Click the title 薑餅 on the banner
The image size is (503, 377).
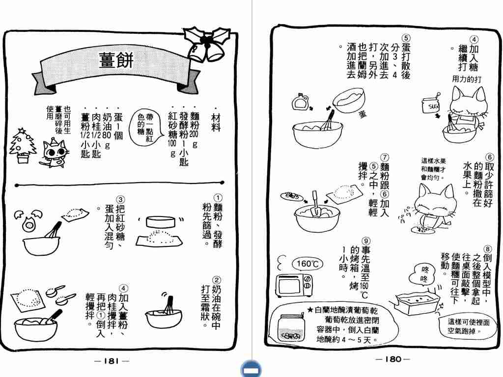115,60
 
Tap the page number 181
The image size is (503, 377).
112,361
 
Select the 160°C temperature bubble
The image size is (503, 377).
307,264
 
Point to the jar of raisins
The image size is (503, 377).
291,327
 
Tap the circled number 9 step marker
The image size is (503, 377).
365,241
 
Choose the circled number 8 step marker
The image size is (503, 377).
487,249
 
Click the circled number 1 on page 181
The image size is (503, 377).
218,198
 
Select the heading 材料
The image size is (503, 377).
216,122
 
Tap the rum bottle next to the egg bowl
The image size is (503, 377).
300,102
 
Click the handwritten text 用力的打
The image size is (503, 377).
467,79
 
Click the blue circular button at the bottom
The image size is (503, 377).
251,369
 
